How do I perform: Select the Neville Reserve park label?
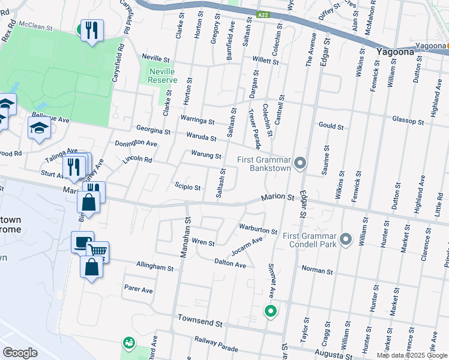[162, 76]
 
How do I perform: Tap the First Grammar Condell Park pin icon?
[345, 239]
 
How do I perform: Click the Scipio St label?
[187, 187]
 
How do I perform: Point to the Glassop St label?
[408, 121]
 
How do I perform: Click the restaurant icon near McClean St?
[92, 30]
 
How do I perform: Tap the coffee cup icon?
[82, 242]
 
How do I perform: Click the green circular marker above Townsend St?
[271, 311]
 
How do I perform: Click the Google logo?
[20, 352]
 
